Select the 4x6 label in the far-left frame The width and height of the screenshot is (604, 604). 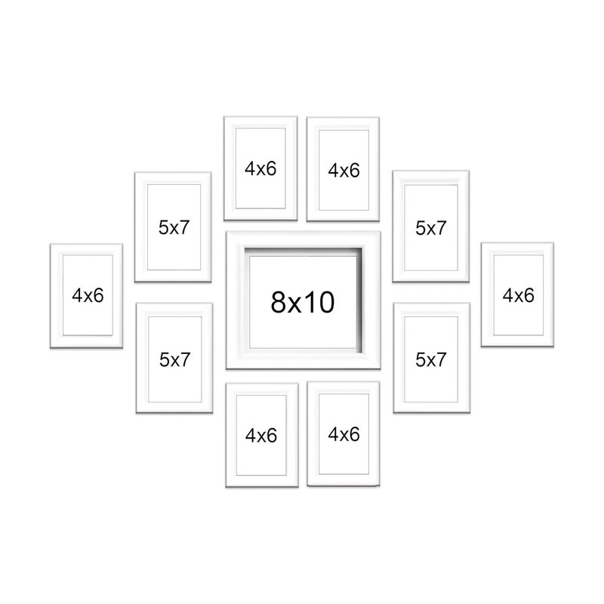[x=88, y=295]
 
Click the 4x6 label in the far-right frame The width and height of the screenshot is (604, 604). [x=518, y=295]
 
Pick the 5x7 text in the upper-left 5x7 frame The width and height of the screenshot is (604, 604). [x=174, y=228]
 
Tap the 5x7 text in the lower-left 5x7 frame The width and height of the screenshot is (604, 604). [x=174, y=359]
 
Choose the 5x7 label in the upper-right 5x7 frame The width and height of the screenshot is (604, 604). [x=431, y=227]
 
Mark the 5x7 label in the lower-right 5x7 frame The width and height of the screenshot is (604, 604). [x=431, y=359]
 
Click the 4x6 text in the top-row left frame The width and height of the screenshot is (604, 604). [x=260, y=169]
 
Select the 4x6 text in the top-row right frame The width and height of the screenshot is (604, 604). [x=344, y=170]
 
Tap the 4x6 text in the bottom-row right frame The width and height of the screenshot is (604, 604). [x=344, y=434]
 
